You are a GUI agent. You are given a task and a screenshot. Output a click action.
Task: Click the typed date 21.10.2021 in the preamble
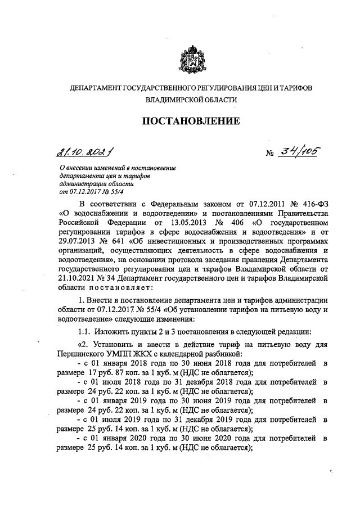[x=78, y=271]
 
